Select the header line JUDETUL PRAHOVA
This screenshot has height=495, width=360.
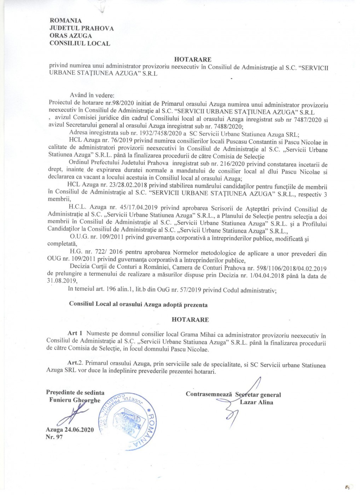(x=81, y=28)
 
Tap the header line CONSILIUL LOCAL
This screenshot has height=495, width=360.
(x=80, y=43)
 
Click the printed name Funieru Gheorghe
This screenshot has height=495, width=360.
(x=75, y=400)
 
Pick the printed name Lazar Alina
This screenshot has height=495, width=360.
(x=256, y=402)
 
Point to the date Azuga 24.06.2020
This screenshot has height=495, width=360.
(x=70, y=430)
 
